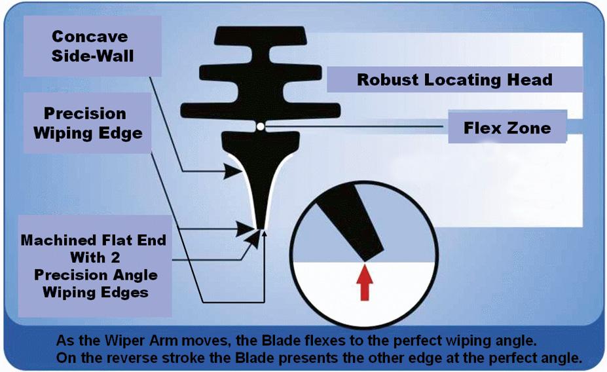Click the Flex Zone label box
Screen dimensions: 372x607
click(507, 128)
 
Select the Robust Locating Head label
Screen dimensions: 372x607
click(454, 80)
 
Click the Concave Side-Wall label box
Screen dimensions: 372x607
click(92, 46)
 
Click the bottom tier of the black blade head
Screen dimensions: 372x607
click(260, 109)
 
